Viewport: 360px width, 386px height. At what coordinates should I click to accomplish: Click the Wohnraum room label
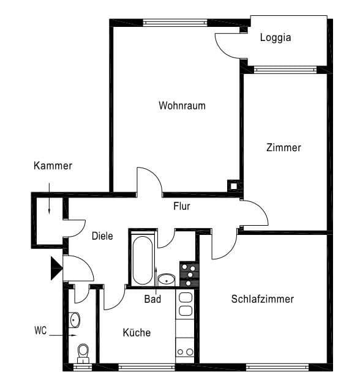(182, 105)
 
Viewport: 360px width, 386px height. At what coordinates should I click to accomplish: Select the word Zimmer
(283, 147)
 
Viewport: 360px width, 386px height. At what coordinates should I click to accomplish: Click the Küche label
(137, 333)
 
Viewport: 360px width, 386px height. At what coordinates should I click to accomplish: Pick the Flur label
(181, 206)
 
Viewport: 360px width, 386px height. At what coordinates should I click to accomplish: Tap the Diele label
(102, 236)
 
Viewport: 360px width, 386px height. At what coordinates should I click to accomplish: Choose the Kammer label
(53, 166)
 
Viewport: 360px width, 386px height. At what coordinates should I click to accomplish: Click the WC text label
(40, 332)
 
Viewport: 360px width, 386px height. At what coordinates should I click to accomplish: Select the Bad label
(152, 299)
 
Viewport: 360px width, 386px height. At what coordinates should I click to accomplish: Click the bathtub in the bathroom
(141, 260)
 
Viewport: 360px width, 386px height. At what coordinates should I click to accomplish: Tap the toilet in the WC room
(83, 352)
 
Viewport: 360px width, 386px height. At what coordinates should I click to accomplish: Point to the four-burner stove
(189, 275)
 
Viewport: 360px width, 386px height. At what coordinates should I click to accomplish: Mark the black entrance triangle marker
(56, 268)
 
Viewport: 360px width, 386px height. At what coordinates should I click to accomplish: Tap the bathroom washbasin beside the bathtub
(167, 280)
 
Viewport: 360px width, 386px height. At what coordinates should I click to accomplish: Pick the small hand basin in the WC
(75, 319)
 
